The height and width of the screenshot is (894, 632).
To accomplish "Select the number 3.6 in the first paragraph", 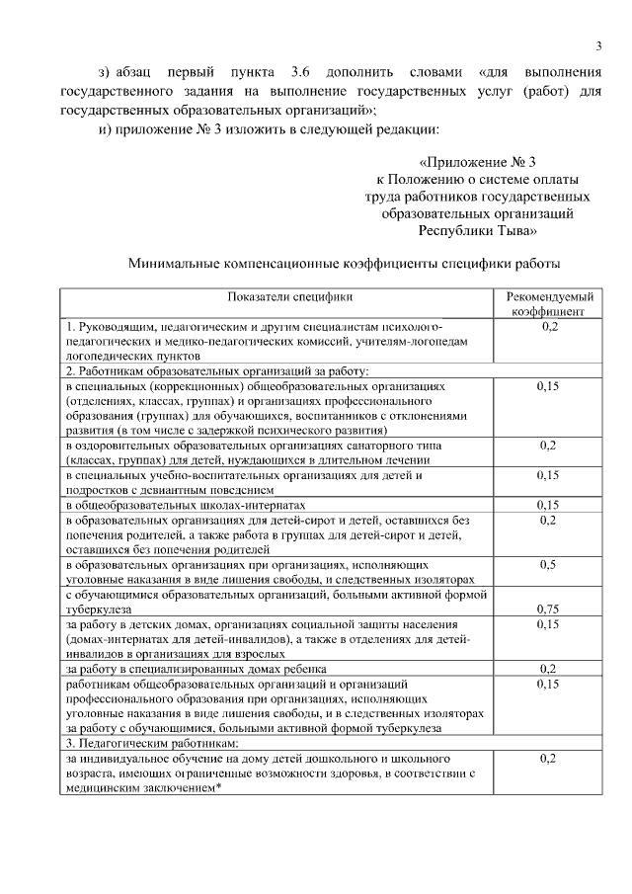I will click(x=301, y=73).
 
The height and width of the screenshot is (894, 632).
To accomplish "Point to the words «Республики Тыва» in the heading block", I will click(x=477, y=230).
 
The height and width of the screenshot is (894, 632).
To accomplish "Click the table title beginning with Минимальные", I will click(x=345, y=265).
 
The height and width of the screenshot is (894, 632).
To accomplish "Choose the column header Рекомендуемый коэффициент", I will click(x=549, y=303).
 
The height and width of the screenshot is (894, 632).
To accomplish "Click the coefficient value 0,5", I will click(x=549, y=565).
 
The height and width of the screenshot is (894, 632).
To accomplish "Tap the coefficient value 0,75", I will click(x=549, y=610).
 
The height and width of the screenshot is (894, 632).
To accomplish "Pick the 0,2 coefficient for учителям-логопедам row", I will click(x=549, y=326).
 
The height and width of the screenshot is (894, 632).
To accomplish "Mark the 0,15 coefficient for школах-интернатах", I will click(x=549, y=505).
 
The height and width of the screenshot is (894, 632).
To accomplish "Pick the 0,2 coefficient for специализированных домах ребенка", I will click(x=549, y=669).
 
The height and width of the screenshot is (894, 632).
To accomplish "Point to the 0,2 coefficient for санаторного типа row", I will click(x=549, y=446).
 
